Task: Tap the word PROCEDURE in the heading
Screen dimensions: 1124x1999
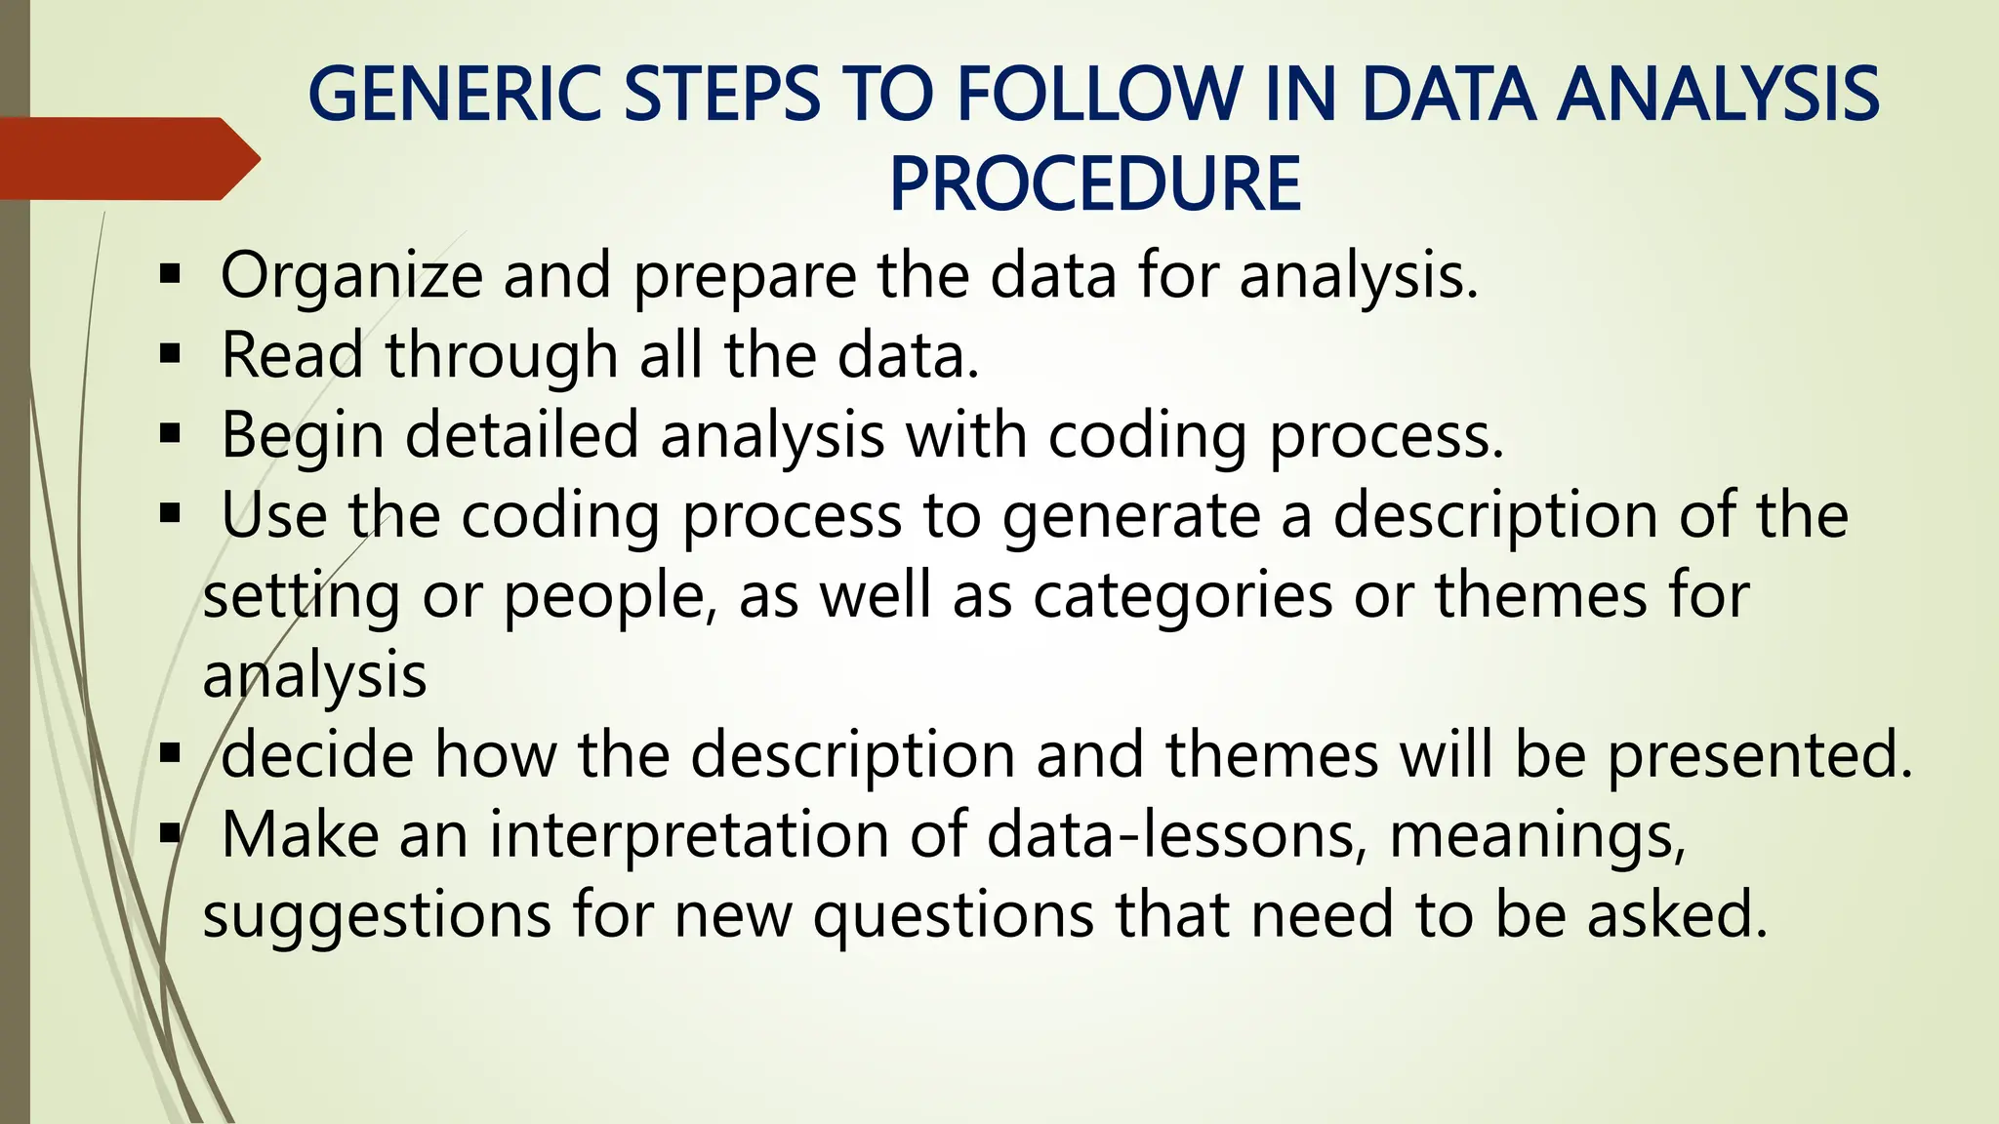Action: pyautogui.click(x=1095, y=184)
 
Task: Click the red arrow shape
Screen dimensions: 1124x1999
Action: pyautogui.click(x=127, y=159)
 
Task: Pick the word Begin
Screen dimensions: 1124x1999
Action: pyautogui.click(x=303, y=435)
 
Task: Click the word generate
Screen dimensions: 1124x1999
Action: pyautogui.click(x=1132, y=515)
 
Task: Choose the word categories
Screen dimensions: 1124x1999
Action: pyautogui.click(x=1182, y=595)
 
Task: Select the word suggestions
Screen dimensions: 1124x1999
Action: pyautogui.click(x=377, y=915)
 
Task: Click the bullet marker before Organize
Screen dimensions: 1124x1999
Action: pyautogui.click(x=171, y=274)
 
